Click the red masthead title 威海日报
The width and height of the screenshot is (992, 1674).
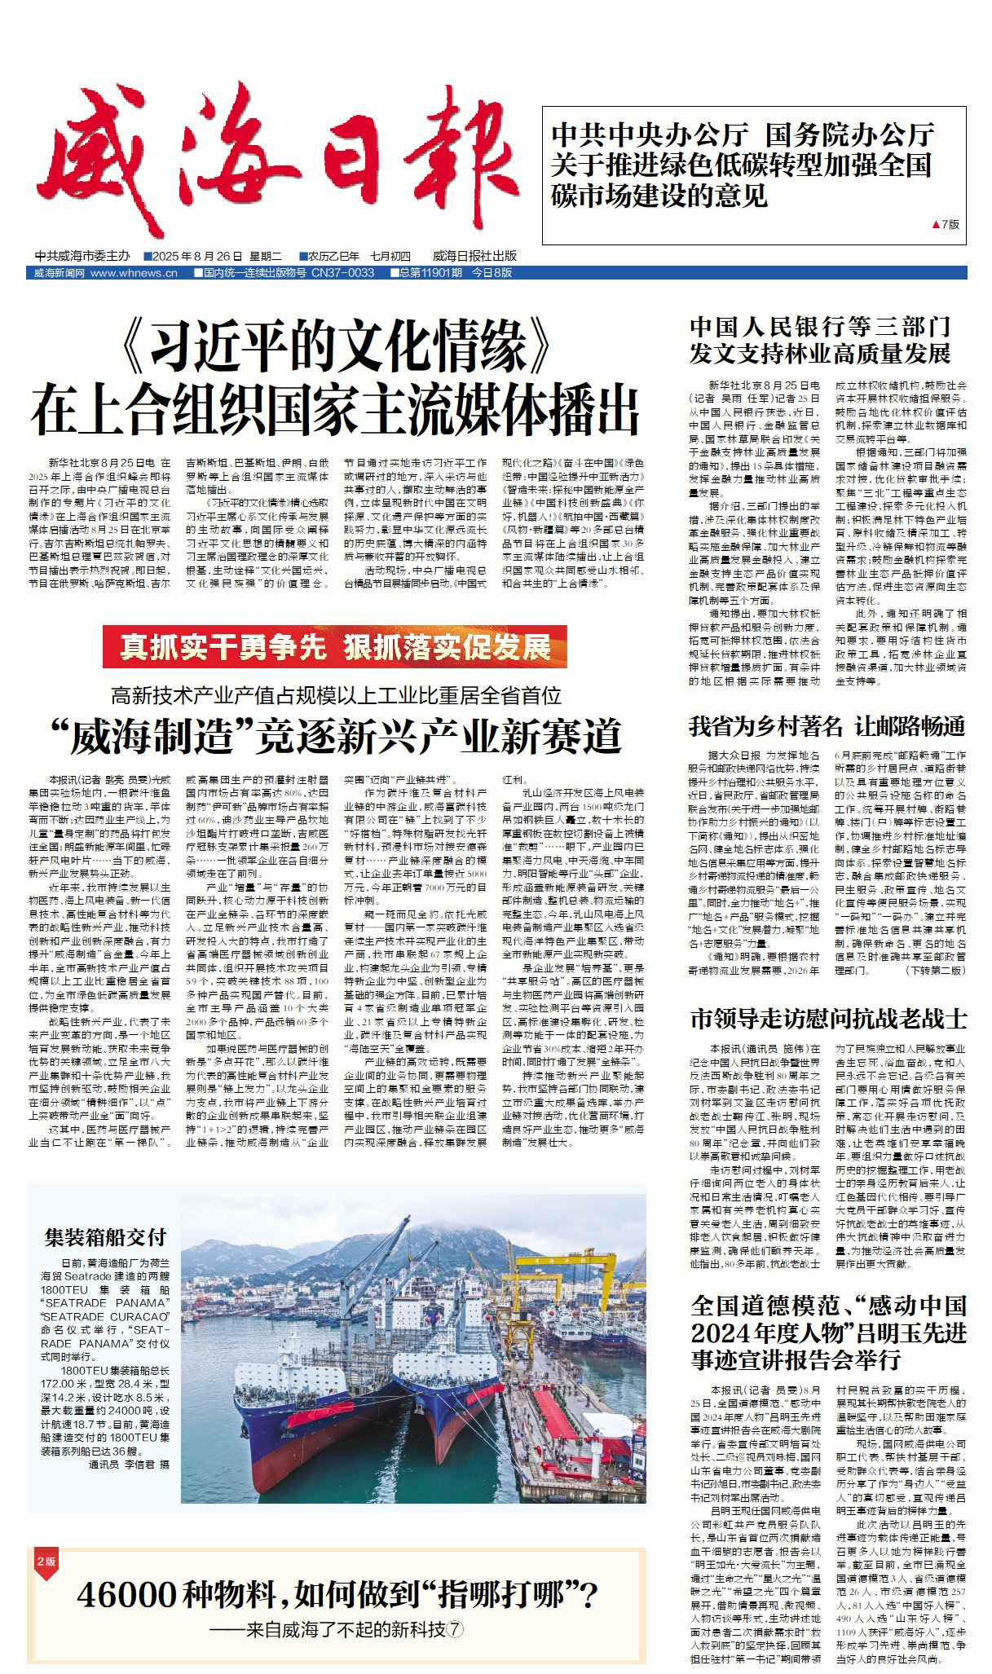(277, 159)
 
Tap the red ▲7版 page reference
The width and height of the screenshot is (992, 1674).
(945, 224)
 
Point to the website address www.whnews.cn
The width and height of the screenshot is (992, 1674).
(134, 273)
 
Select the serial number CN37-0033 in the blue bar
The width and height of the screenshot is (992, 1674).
(342, 273)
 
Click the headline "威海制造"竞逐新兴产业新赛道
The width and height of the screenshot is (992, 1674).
(335, 737)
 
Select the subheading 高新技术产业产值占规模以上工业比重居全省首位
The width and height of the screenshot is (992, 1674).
(336, 695)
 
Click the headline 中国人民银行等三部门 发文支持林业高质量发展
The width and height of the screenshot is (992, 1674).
(820, 341)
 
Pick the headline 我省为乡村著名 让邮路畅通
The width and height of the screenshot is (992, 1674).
(827, 725)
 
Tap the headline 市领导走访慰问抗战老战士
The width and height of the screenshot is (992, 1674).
(828, 1019)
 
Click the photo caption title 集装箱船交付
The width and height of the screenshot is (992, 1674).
(105, 1237)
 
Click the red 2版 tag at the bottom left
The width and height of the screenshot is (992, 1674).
(46, 1561)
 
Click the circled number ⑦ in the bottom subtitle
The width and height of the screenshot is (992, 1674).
(455, 1629)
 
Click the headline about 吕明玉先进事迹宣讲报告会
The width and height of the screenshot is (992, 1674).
(828, 1332)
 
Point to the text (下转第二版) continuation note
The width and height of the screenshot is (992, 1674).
(936, 970)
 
